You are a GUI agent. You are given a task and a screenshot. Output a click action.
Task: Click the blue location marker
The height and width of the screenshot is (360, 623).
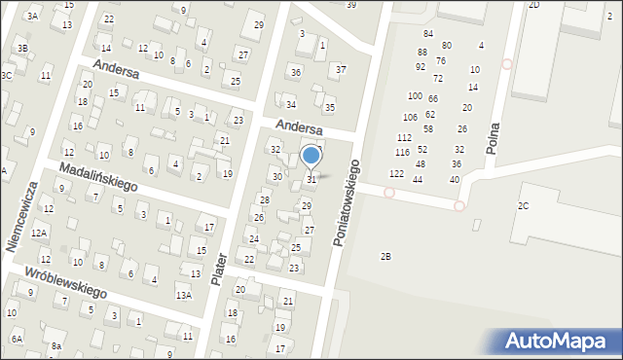click(311, 155)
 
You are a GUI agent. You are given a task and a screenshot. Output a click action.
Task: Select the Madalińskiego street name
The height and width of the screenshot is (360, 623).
click(98, 176)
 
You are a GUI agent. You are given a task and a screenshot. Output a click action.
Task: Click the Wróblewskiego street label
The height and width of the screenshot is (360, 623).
click(65, 280)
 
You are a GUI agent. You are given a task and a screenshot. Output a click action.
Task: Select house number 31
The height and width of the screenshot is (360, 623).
click(311, 179)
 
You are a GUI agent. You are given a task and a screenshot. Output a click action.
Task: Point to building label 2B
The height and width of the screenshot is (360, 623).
click(385, 256)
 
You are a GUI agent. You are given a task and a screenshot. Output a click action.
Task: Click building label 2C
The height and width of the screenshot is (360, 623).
click(523, 205)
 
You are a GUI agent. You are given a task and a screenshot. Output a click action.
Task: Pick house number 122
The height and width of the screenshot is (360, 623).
click(396, 173)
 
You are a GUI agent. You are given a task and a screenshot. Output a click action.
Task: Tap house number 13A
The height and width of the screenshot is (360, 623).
click(183, 295)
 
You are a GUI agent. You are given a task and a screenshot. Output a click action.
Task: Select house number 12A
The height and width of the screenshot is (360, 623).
click(38, 234)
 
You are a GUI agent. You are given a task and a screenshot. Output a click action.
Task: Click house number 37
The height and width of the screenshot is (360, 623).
click(341, 69)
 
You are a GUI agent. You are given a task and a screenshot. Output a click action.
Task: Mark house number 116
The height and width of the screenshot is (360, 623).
click(402, 153)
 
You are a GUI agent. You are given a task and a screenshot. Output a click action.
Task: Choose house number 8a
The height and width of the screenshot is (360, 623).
click(56, 345)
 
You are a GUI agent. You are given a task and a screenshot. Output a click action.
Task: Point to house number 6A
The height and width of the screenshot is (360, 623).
click(17, 339)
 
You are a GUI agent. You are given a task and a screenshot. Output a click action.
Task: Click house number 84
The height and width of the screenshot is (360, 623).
click(428, 33)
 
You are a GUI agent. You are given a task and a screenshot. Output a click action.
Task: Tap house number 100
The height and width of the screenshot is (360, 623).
click(415, 96)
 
